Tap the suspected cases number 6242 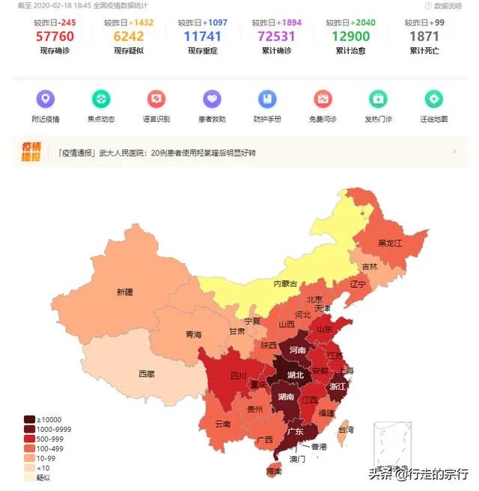[128, 36]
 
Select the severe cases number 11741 [203, 36]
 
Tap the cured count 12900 [350, 36]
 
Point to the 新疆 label [125, 292]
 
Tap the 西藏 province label [147, 373]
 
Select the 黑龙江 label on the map [390, 244]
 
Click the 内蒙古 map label [284, 283]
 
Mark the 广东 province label [295, 431]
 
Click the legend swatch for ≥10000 [29, 419]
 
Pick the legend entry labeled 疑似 [29, 478]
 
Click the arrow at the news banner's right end [454, 152]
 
